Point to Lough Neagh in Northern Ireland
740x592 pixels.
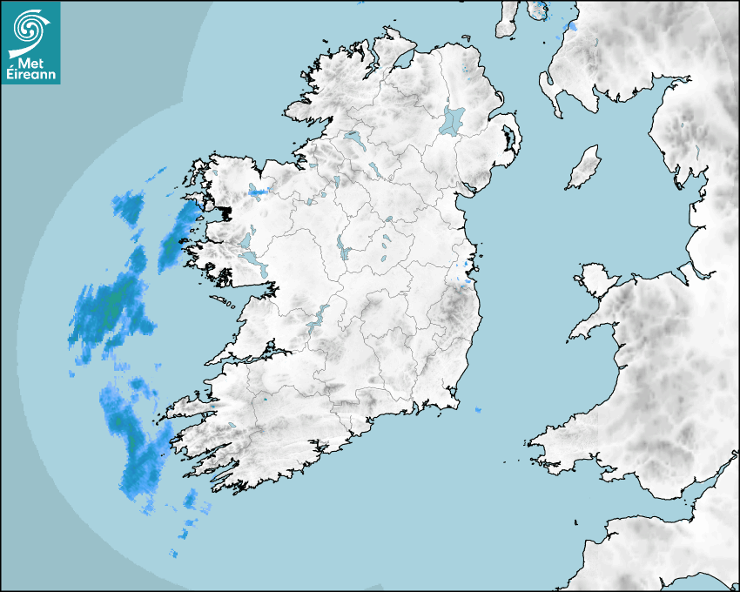click(x=454, y=119)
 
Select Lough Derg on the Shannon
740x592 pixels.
click(x=317, y=317)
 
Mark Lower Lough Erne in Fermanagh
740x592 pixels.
click(x=353, y=138)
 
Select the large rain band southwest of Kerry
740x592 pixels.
click(x=135, y=440)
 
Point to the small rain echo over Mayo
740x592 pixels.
click(x=259, y=191)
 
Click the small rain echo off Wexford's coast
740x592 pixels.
click(x=478, y=409)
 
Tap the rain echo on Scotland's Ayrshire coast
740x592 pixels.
click(x=572, y=27)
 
